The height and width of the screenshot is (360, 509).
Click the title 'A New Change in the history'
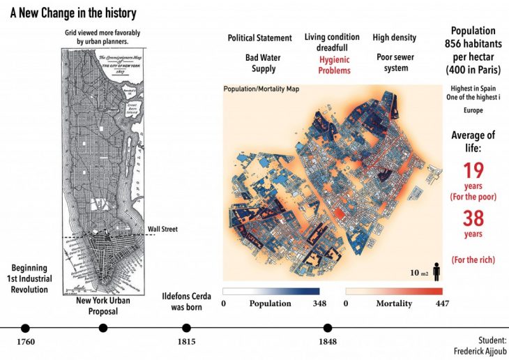[68, 14]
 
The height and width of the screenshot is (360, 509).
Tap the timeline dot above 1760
[25, 328]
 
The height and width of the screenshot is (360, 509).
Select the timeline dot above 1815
[186, 328]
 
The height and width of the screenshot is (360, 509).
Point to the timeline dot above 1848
[327, 328]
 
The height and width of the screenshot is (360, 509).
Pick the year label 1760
[25, 342]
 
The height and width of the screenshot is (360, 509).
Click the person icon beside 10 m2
[436, 270]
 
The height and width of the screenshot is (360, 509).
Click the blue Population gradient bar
[271, 290]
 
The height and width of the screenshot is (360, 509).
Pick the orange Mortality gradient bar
[394, 290]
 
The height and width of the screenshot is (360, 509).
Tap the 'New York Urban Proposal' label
[102, 306]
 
